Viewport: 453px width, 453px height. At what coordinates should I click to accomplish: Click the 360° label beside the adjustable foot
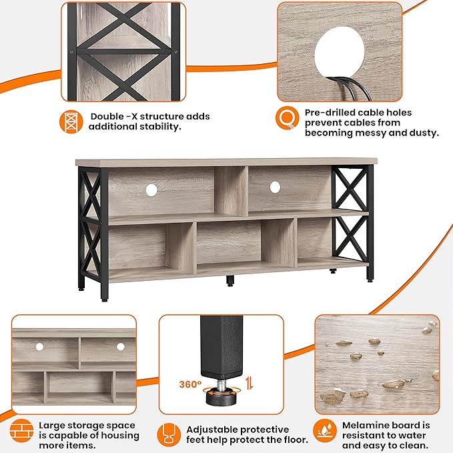click(x=189, y=384)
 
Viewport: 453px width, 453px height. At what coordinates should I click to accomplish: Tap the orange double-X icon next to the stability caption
click(x=69, y=121)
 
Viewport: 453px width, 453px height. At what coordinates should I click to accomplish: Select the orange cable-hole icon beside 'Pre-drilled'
click(x=287, y=118)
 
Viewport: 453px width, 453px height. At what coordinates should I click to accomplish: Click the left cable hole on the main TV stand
click(x=151, y=190)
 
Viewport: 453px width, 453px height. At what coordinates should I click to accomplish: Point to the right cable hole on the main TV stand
click(x=275, y=188)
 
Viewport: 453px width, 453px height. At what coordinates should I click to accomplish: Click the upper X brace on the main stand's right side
click(x=350, y=189)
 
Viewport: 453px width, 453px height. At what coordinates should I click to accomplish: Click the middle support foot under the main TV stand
click(x=230, y=280)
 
